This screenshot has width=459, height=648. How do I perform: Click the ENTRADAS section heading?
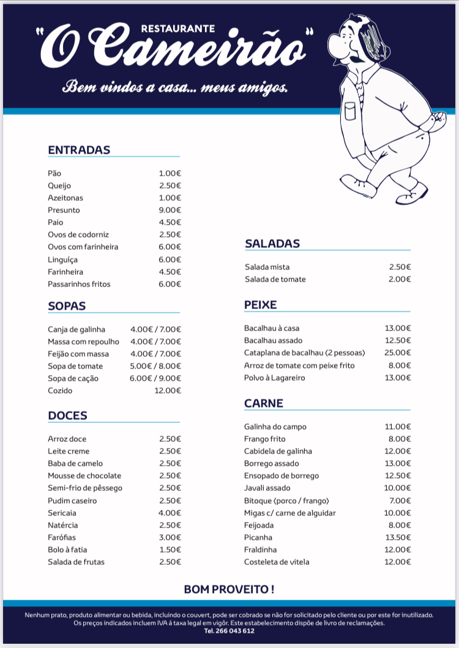pyautogui.click(x=79, y=150)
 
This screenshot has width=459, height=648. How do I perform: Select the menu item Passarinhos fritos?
pyautogui.click(x=79, y=284)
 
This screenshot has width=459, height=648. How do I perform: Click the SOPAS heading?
pyautogui.click(x=67, y=306)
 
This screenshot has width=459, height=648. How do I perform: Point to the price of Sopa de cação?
pyautogui.click(x=155, y=378)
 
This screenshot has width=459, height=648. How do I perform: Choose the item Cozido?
pyautogui.click(x=60, y=390)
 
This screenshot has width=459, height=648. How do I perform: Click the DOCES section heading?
pyautogui.click(x=67, y=415)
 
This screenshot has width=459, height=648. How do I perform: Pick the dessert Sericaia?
pyautogui.click(x=63, y=513)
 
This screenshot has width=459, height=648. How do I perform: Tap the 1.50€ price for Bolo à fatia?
pyautogui.click(x=170, y=549)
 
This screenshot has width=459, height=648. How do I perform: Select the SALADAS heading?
pyautogui.click(x=272, y=244)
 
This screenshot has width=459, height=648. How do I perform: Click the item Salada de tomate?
pyautogui.click(x=275, y=279)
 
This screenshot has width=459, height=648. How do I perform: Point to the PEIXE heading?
pyautogui.click(x=261, y=305)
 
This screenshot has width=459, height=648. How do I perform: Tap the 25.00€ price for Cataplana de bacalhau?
pyautogui.click(x=397, y=352)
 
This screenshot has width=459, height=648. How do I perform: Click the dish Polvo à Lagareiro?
pyautogui.click(x=274, y=378)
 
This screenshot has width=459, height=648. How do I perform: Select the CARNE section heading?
pyautogui.click(x=264, y=403)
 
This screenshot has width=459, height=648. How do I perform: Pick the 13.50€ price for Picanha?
pyautogui.click(x=397, y=537)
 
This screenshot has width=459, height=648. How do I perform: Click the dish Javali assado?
pyautogui.click(x=267, y=488)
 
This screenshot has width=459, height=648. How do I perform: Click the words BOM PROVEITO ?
pyautogui.click(x=229, y=589)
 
